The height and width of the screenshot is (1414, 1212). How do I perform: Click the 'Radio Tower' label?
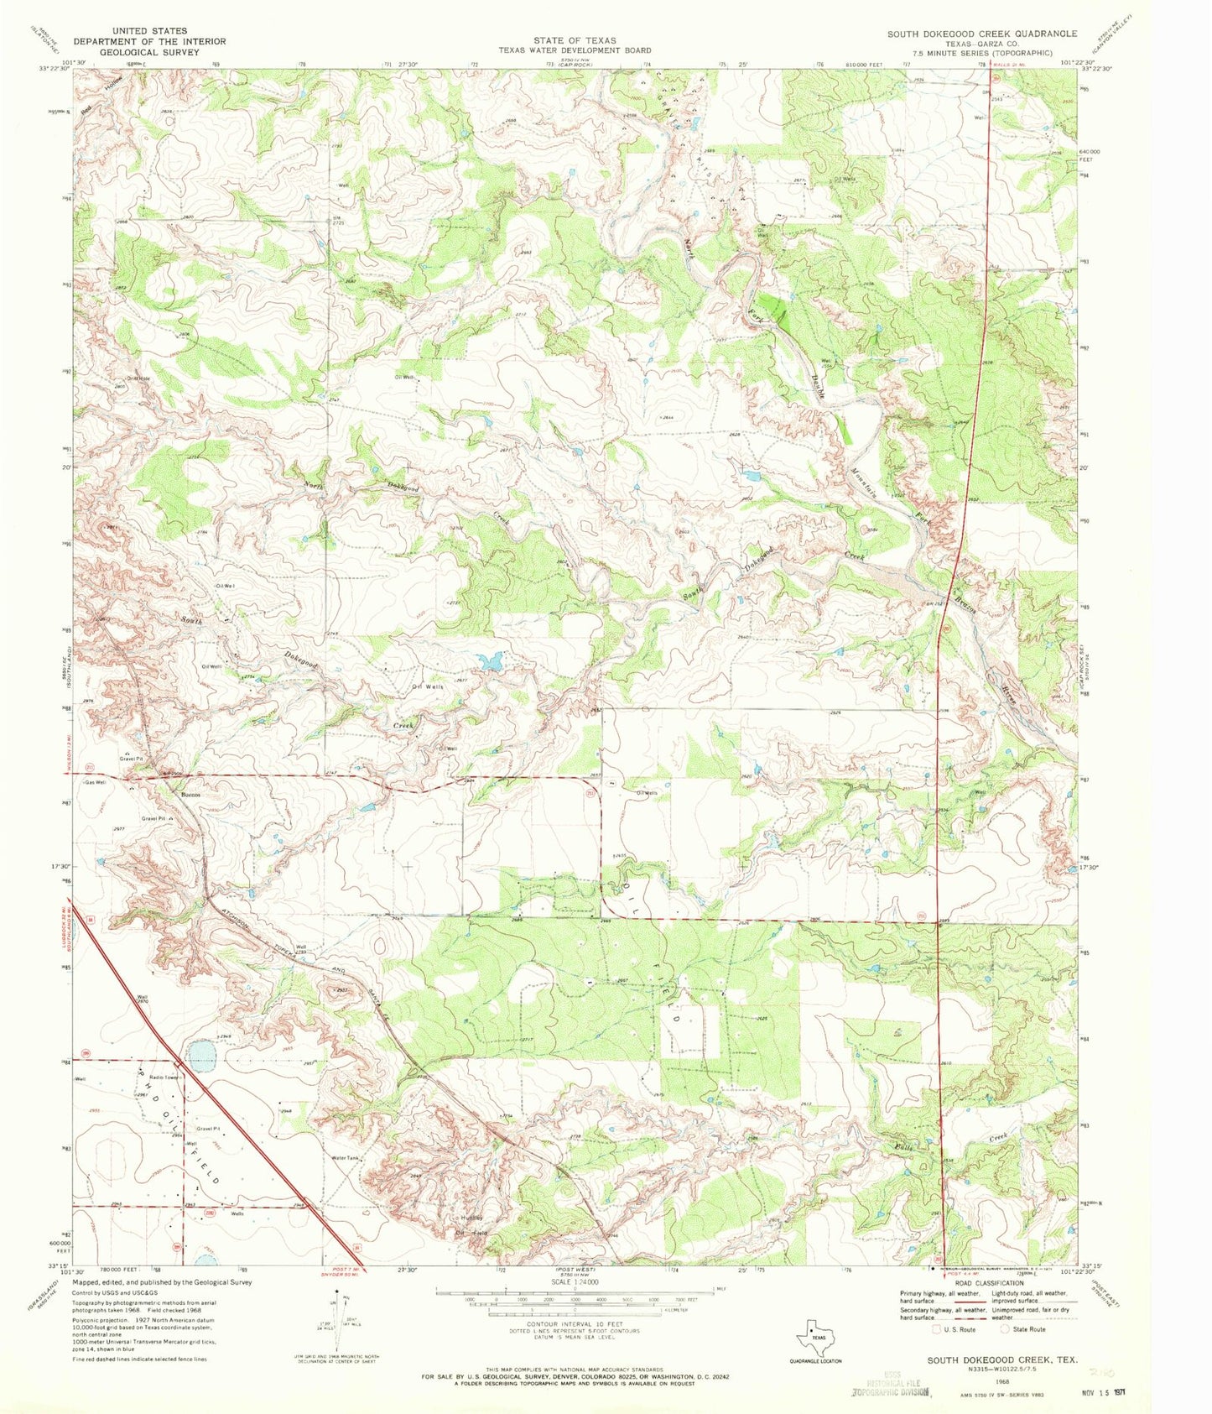pyautogui.click(x=165, y=1077)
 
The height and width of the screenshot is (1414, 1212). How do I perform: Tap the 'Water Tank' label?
pyautogui.click(x=346, y=1158)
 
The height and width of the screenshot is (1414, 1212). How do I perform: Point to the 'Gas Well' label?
pyautogui.click(x=95, y=782)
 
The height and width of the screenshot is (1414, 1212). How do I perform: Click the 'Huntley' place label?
pyautogui.click(x=471, y=1218)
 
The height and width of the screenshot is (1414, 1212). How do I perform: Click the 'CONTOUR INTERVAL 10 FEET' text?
pyautogui.click(x=575, y=1323)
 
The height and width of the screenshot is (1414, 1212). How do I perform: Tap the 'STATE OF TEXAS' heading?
pyautogui.click(x=575, y=40)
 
